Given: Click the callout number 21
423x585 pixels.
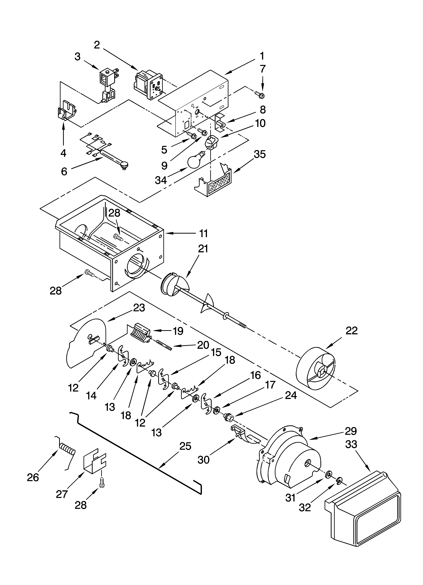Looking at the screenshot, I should (x=203, y=249).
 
